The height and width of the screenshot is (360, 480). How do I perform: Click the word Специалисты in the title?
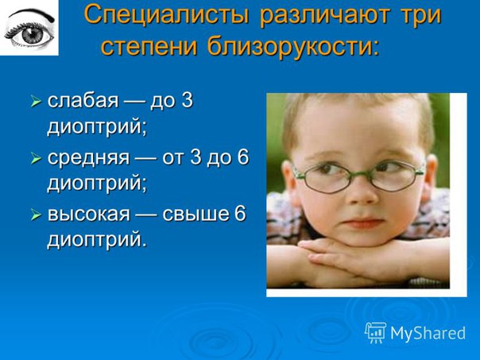[167, 15]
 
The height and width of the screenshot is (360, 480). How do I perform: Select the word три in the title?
[421, 16]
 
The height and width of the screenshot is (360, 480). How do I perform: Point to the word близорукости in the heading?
[293, 47]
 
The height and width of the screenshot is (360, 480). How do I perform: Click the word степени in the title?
[149, 47]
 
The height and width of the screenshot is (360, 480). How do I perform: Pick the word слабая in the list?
[83, 100]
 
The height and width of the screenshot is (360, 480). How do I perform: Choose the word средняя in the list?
[88, 158]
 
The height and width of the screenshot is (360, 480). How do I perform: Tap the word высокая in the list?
[89, 214]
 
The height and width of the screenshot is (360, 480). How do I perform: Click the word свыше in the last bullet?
[195, 214]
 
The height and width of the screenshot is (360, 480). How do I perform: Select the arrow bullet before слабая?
[36, 102]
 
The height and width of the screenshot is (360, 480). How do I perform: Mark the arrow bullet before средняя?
[36, 159]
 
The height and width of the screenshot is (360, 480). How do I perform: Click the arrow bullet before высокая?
[36, 215]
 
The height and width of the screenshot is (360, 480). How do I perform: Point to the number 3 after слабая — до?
[188, 100]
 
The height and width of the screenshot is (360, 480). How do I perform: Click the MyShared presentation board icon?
[375, 332]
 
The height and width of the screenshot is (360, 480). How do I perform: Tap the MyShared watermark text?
[428, 333]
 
